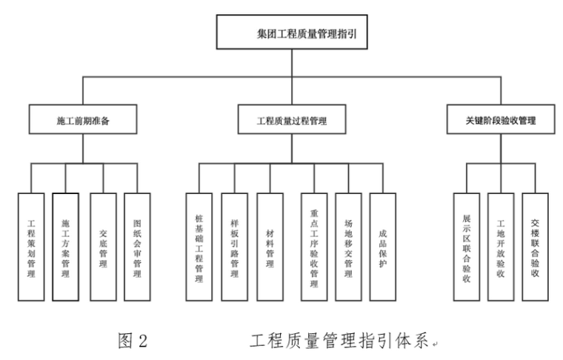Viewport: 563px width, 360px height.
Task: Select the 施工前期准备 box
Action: coord(83,119)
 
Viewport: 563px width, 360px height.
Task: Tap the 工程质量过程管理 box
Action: coord(291,119)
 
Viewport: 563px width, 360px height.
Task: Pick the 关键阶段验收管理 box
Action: coord(500,119)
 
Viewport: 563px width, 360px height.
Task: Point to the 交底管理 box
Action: coord(102,247)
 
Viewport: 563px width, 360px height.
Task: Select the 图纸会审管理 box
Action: coord(137,247)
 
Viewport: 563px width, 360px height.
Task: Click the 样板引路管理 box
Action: coord(234,247)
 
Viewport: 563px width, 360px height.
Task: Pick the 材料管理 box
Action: coord(270,247)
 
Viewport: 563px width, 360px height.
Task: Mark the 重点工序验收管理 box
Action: coord(313,247)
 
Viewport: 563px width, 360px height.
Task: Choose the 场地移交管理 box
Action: coord(348,247)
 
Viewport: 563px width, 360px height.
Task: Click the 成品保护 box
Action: coord(383,247)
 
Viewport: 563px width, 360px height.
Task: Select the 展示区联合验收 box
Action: coord(466,247)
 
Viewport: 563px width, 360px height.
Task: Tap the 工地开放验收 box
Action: coord(501,247)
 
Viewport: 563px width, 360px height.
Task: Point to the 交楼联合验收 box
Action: coord(535,247)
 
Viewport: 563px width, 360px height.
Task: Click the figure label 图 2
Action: coord(133,340)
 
